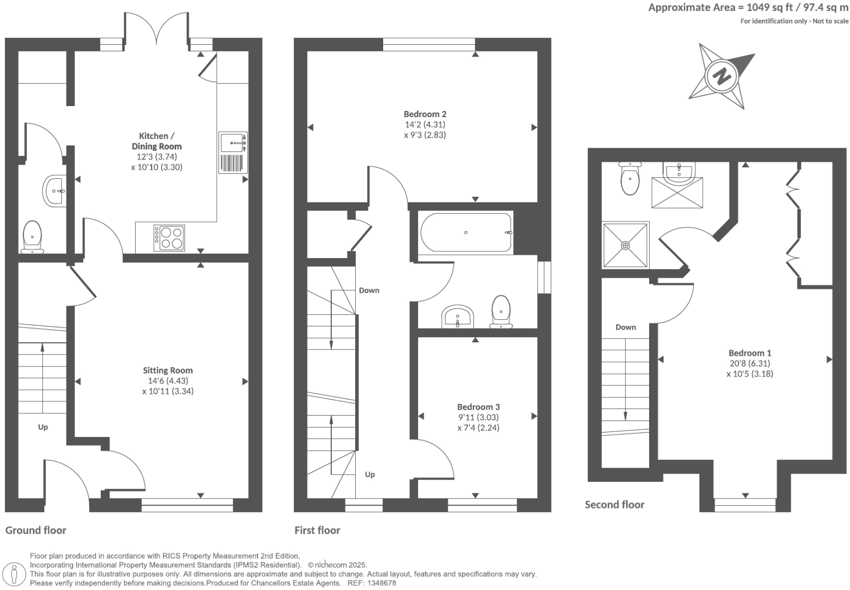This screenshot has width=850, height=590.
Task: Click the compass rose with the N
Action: (722, 76)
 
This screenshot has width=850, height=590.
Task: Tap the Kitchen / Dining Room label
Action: (157, 141)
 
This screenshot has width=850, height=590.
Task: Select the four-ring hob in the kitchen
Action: (169, 238)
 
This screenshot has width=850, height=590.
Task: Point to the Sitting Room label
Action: (167, 370)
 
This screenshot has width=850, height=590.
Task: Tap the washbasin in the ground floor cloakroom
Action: (54, 191)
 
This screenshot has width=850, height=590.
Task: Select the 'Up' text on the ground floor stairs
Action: (43, 427)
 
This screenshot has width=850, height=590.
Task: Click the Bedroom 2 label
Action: (425, 114)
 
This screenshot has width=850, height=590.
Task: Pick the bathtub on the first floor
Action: (466, 232)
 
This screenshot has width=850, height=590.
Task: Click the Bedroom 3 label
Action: (478, 407)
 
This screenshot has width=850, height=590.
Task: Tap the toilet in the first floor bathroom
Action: (501, 312)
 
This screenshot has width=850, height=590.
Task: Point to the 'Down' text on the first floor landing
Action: (369, 290)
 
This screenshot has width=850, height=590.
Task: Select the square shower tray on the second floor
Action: (626, 245)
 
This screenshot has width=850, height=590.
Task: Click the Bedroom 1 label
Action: (749, 353)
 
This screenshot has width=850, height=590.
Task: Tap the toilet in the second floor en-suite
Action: (630, 179)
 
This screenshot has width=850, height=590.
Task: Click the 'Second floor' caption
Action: (614, 505)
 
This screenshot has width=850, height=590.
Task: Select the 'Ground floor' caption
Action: (36, 530)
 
